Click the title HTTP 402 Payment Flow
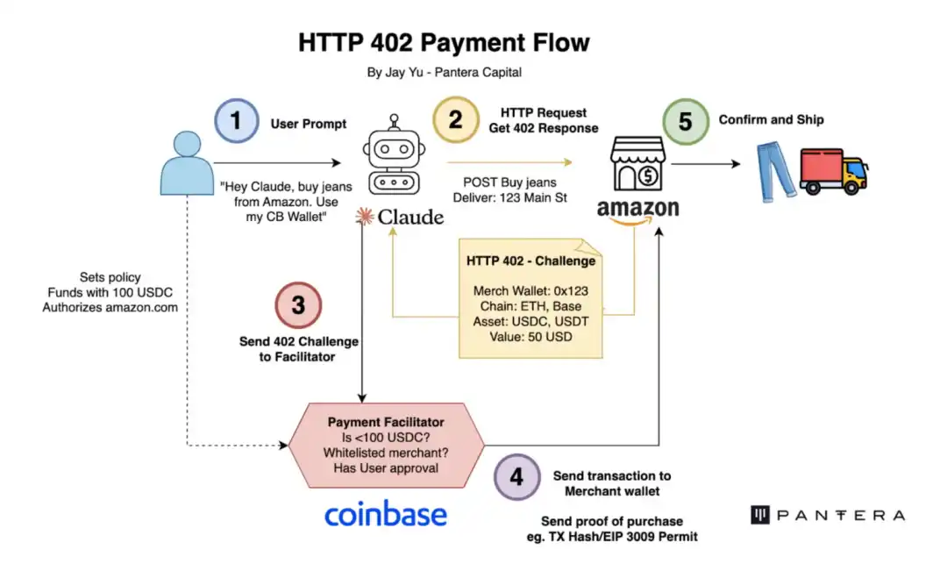click(x=444, y=42)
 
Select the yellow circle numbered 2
click(x=455, y=120)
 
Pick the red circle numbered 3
click(x=299, y=304)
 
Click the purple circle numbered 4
click(x=516, y=476)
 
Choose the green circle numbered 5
click(x=685, y=121)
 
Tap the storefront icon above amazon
click(x=637, y=164)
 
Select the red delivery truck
click(x=833, y=170)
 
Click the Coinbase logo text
click(x=385, y=515)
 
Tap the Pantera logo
click(x=827, y=515)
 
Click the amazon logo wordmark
click(x=637, y=209)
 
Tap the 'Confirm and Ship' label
click(x=771, y=119)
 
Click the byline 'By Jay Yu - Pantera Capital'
click(x=444, y=73)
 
